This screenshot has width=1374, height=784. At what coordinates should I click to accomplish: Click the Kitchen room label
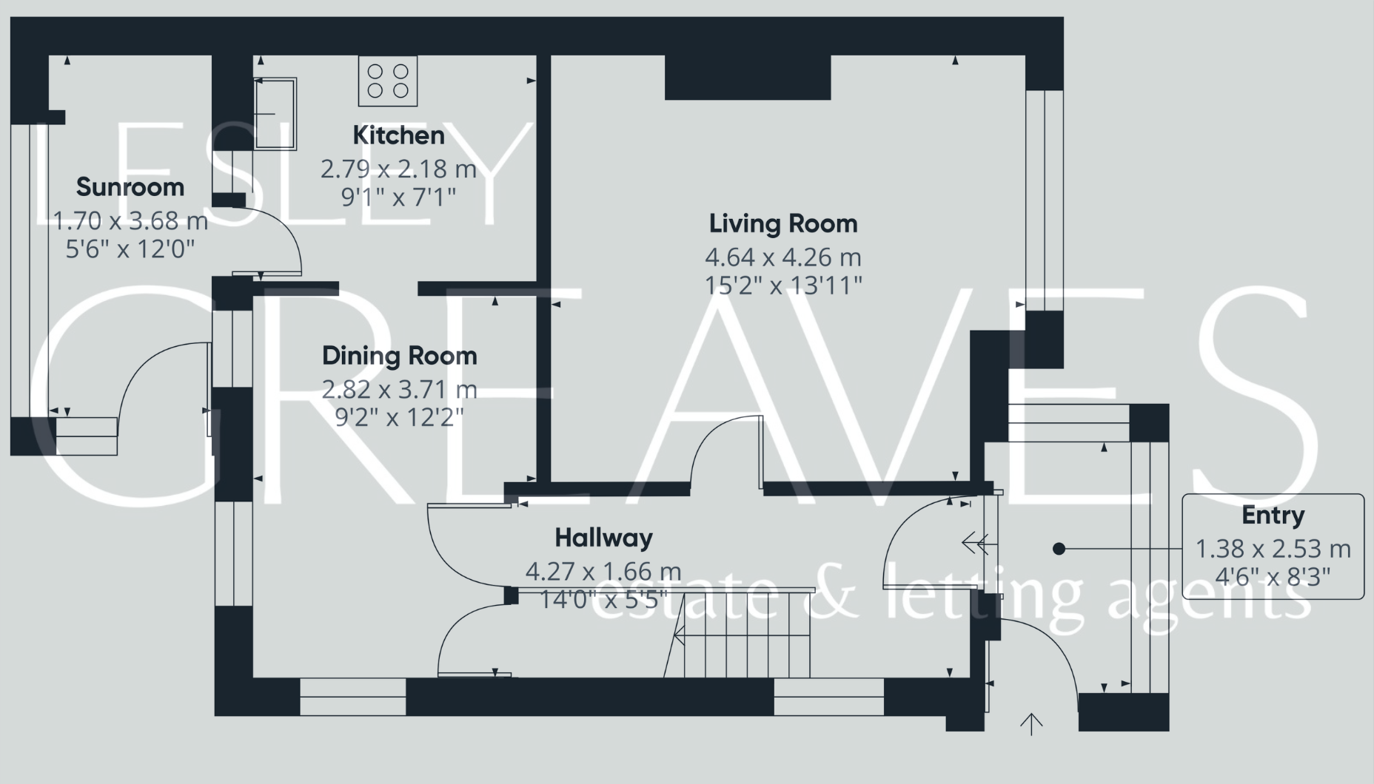(x=398, y=135)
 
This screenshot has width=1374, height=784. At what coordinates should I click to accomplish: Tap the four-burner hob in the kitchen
(x=388, y=81)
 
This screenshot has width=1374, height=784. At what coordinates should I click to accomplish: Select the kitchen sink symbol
(x=275, y=114)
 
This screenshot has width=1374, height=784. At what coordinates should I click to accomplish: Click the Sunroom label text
(x=130, y=187)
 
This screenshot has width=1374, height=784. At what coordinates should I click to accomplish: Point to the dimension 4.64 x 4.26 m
(x=783, y=257)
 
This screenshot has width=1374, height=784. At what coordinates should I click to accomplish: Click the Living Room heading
(x=783, y=223)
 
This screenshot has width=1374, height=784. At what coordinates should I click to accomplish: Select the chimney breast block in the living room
(x=747, y=77)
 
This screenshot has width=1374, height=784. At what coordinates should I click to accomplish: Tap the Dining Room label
(x=399, y=356)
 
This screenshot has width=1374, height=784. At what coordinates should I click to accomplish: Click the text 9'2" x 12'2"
(x=399, y=418)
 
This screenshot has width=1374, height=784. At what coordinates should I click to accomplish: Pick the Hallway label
(x=603, y=538)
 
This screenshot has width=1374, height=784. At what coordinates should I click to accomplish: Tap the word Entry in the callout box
(x=1273, y=516)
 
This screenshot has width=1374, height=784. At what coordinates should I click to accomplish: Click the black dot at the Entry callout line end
(x=1059, y=549)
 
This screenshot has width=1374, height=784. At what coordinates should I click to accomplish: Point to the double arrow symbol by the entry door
(x=975, y=545)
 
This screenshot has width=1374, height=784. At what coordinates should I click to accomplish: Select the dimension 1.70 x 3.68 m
(x=130, y=220)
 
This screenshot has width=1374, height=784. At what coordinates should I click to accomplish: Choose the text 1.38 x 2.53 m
(x=1273, y=549)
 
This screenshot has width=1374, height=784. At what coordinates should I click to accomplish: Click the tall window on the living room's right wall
(x=1044, y=200)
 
